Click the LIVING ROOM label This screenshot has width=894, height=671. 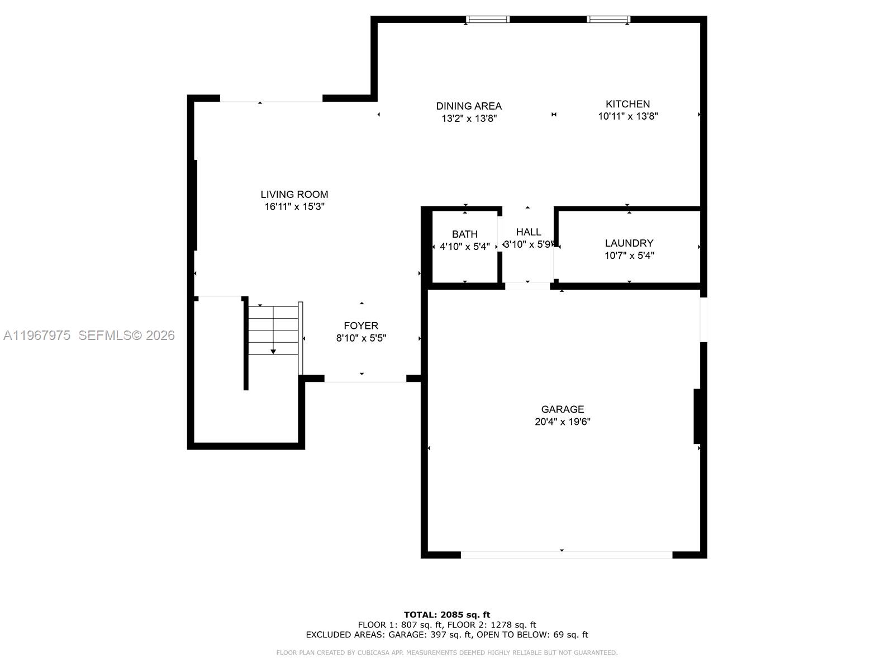coord(294,195)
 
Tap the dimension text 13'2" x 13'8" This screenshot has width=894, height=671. coord(469,119)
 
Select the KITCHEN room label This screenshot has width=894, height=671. coord(627,104)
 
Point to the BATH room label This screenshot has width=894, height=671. coord(464,234)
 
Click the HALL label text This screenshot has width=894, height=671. coord(528,232)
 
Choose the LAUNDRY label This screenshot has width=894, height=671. coord(629,243)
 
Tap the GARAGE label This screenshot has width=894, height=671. coord(562,409)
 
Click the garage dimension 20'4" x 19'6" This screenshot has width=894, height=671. coord(562,422)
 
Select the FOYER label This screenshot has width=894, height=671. coord(360,325)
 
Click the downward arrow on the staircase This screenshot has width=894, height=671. coord(273,351)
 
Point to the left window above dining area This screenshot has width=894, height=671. coord(488,20)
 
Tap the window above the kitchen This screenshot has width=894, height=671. coord(608,20)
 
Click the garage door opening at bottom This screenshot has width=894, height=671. coord(566,555)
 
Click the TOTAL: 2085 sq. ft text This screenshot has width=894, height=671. coord(447,615)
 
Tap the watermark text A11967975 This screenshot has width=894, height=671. coord(37,335)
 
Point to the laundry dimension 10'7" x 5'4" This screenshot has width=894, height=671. coord(629,256)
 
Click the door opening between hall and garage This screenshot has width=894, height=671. coord(527,286)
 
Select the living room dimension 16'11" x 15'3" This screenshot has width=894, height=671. coord(294,207)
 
